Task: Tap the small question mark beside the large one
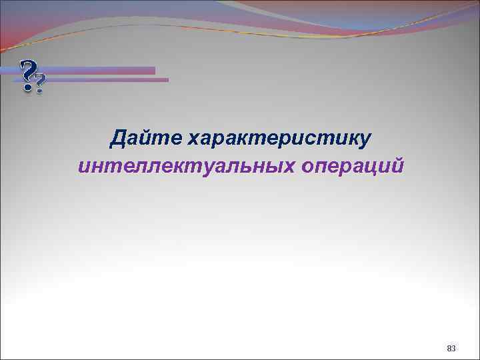click(x=41, y=85)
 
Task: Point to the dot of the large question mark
click(x=27, y=87)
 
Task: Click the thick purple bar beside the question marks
click(x=100, y=71)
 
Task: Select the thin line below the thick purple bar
click(x=107, y=80)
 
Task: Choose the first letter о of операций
click(x=307, y=167)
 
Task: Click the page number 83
click(x=451, y=348)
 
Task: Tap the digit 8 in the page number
click(x=449, y=348)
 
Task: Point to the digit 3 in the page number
click(x=454, y=348)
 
